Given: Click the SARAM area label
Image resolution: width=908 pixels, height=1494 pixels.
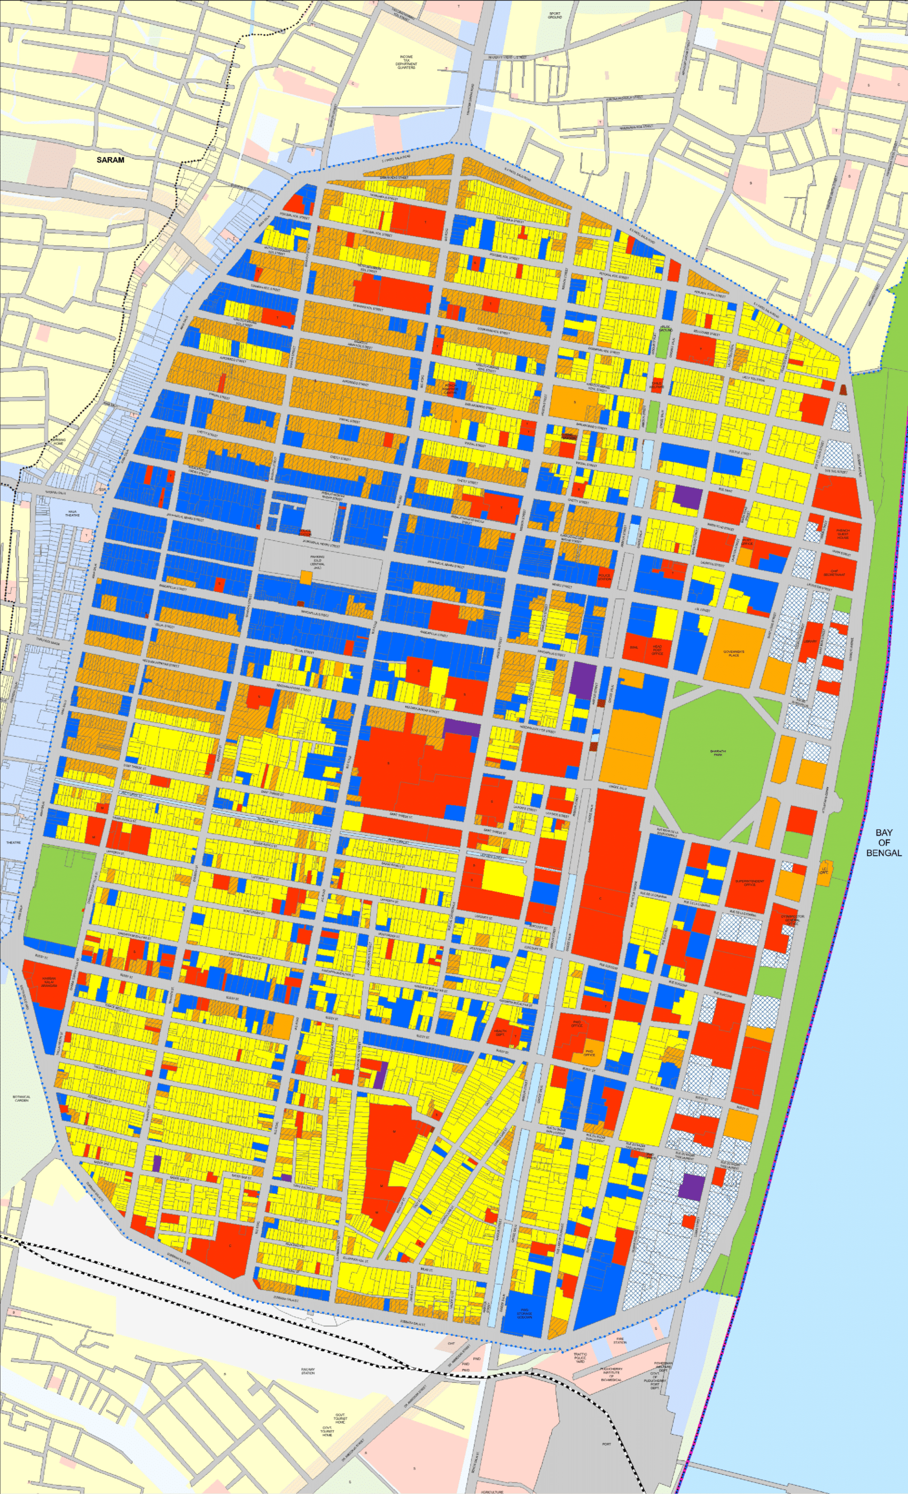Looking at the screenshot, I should [111, 160].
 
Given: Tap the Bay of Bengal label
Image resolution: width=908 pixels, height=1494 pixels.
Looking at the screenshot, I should [884, 843].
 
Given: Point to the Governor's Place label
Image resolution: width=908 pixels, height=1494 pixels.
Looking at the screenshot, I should [733, 653].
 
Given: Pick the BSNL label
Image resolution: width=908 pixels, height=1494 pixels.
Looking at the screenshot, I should [635, 648].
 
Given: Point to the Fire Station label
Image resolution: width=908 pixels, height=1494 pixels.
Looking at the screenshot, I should [620, 1337].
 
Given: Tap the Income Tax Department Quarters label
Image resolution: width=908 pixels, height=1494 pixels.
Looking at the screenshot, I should [406, 63].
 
